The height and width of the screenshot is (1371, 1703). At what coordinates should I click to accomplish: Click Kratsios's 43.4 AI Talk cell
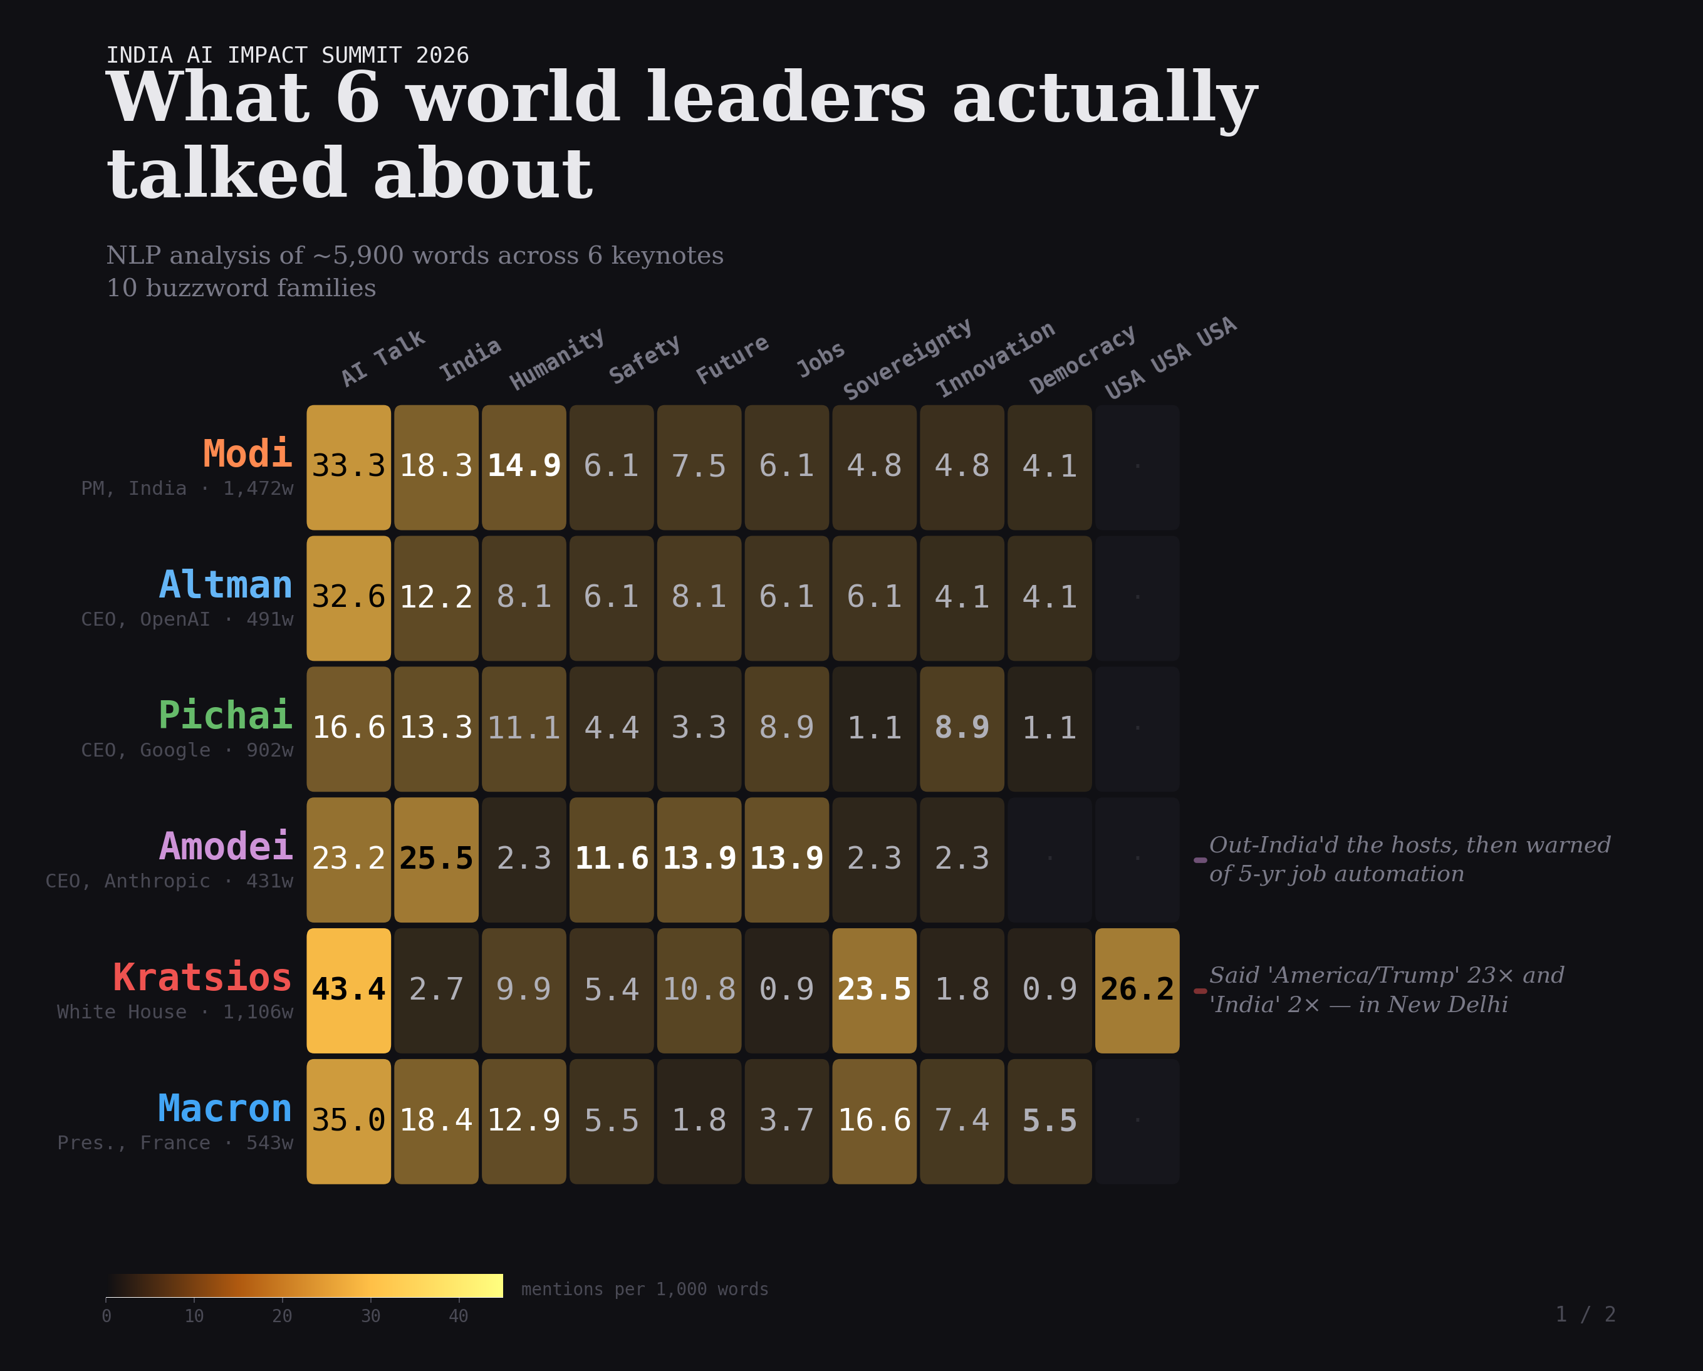(348, 990)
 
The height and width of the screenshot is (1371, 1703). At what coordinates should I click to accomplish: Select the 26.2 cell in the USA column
(1137, 990)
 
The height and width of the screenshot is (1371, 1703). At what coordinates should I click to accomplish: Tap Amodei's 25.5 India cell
(436, 859)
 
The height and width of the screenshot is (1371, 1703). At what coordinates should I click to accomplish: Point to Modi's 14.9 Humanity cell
(524, 467)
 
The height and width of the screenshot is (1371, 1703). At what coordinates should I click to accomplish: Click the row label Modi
(247, 454)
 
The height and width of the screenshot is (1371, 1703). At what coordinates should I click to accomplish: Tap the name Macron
(225, 1108)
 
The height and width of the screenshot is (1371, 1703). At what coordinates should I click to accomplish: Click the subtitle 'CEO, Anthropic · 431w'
(169, 881)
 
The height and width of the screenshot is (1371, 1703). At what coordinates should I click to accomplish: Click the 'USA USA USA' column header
(1170, 358)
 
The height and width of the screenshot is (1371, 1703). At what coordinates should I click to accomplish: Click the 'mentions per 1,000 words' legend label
(645, 1289)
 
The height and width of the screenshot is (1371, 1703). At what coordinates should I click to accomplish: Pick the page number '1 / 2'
(1585, 1314)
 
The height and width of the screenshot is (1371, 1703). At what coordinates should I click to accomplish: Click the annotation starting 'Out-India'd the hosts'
(1409, 859)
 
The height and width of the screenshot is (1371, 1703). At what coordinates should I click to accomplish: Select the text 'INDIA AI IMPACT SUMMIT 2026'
(288, 55)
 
